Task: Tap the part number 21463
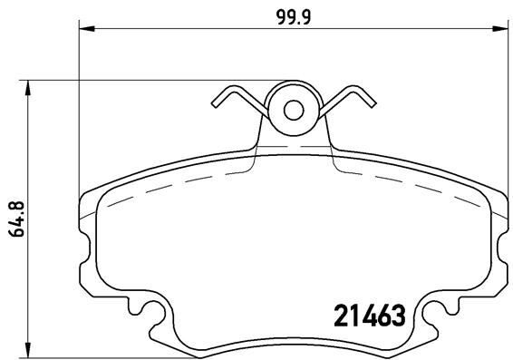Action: pos(363,317)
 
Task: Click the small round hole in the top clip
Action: pos(294,109)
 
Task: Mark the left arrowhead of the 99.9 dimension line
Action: pos(87,30)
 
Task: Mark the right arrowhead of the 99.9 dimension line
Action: pos(500,30)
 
